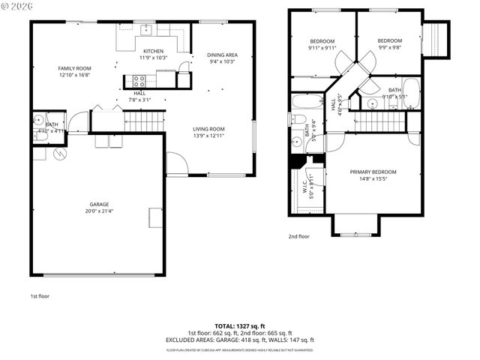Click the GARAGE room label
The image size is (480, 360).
point(99,204)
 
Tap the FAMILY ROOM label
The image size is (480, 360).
point(75,68)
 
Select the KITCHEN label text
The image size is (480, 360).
point(154,50)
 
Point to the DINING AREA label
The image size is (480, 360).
point(222,55)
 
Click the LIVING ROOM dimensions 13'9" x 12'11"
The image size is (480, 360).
point(209,136)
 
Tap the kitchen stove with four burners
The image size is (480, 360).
point(139,81)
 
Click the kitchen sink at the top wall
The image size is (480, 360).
point(147,31)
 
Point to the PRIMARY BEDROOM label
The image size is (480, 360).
point(373,172)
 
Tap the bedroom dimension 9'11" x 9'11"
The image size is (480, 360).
point(321,48)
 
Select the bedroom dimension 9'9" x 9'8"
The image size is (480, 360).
point(389,47)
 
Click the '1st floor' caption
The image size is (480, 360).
point(40,295)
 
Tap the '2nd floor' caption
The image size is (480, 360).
point(298,236)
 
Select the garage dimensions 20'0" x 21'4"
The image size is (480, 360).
point(99,211)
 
